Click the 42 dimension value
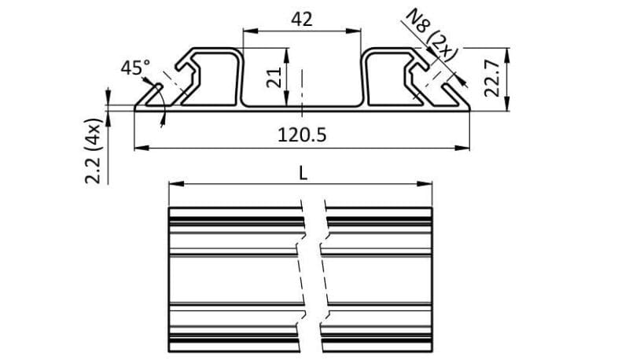[x=302, y=20]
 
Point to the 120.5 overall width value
[x=302, y=134]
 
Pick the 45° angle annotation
[x=134, y=68]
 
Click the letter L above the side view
[x=303, y=172]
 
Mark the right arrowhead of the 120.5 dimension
[x=465, y=147]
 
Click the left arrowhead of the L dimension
[x=175, y=185]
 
